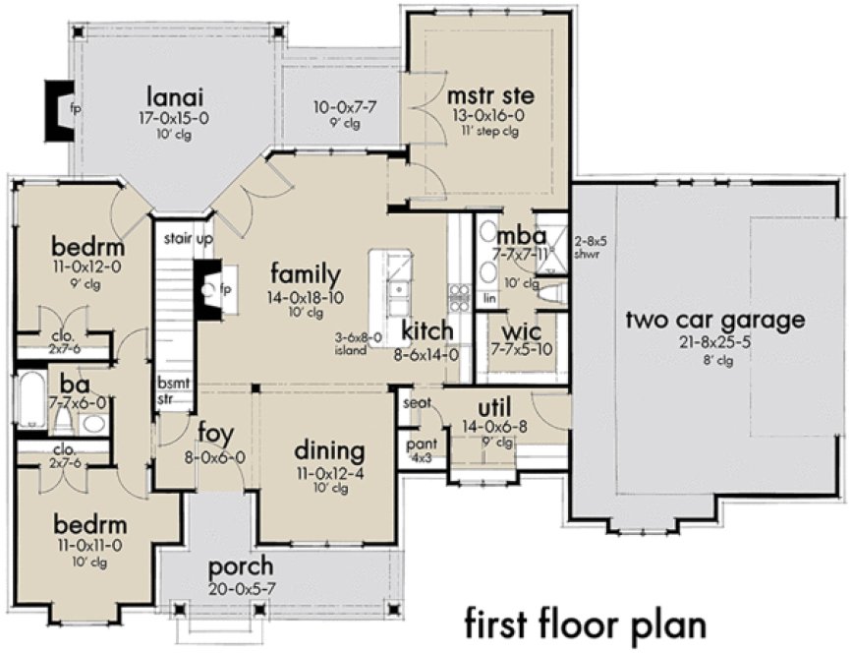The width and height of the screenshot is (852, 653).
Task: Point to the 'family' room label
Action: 306,274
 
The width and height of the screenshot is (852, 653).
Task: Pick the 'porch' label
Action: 240,568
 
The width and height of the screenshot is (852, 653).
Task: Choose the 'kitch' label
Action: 426,330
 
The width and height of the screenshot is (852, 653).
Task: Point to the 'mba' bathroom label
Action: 514,237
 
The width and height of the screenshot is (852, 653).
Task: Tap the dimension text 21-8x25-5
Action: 715,341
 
